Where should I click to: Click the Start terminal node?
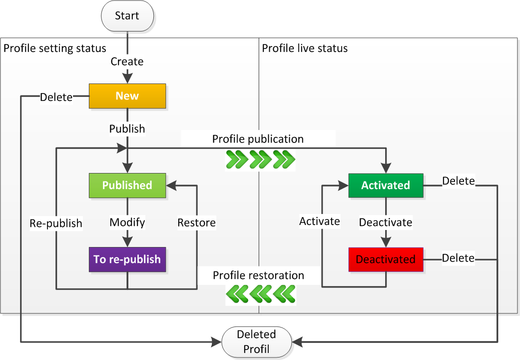click(x=127, y=16)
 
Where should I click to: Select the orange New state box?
click(x=127, y=96)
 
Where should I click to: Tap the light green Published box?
click(x=127, y=185)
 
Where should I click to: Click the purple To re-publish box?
click(x=127, y=259)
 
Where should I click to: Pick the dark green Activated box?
click(x=385, y=185)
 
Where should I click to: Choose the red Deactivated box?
click(x=385, y=259)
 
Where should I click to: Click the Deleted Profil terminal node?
click(x=256, y=342)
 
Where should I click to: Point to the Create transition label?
click(x=127, y=61)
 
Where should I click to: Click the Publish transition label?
click(x=127, y=129)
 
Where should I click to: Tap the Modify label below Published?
click(x=127, y=222)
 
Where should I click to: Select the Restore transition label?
click(x=196, y=223)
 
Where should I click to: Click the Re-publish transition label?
click(x=55, y=223)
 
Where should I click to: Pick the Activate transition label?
click(x=319, y=221)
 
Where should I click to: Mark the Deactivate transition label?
click(x=386, y=222)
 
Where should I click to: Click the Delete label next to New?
click(x=56, y=97)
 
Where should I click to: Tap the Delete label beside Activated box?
click(x=458, y=181)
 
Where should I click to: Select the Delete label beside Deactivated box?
click(x=458, y=258)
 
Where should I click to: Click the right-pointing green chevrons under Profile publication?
click(x=260, y=159)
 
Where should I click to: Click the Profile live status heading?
click(x=305, y=48)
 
